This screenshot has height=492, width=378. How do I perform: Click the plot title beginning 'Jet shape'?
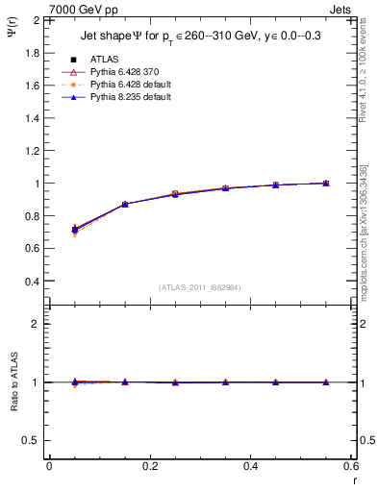pyautogui.click(x=202, y=37)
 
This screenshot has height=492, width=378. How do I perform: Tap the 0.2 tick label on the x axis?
pyautogui.click(x=149, y=466)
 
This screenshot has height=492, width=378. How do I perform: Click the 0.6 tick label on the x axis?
pyautogui.click(x=351, y=466)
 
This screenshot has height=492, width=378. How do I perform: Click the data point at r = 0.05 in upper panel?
pyautogui.click(x=75, y=230)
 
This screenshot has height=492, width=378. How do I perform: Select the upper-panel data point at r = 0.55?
pyautogui.click(x=326, y=183)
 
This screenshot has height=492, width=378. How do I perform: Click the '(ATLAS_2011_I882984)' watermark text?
pyautogui.click(x=201, y=286)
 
